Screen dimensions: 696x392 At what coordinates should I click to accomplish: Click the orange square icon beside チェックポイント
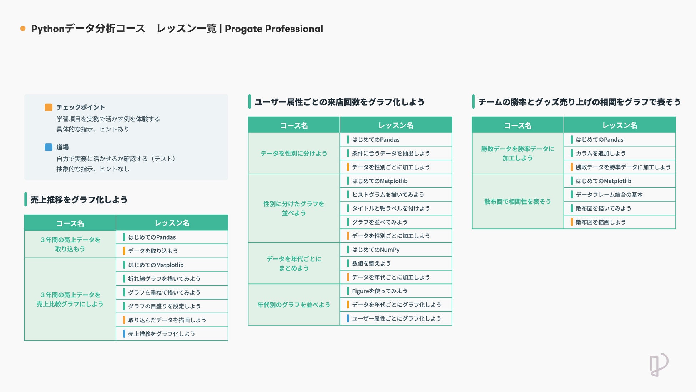click(49, 107)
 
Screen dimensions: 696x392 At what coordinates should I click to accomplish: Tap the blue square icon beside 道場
click(49, 147)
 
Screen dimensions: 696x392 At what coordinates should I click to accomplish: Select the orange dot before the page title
click(23, 29)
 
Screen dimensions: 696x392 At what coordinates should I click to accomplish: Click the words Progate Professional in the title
click(274, 29)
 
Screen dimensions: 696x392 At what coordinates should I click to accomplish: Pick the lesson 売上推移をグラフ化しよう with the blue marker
click(161, 334)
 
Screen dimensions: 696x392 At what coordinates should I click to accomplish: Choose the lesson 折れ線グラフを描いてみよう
click(164, 279)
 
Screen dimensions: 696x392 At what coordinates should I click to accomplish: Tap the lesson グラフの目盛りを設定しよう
click(164, 306)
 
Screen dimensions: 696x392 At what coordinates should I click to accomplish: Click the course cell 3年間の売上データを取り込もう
click(70, 245)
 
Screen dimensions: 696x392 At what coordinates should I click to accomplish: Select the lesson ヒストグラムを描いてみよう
click(388, 195)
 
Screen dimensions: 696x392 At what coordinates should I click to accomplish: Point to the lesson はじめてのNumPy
click(375, 250)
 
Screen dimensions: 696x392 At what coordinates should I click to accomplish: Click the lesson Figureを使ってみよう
click(379, 291)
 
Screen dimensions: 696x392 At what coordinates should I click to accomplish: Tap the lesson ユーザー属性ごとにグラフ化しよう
click(396, 318)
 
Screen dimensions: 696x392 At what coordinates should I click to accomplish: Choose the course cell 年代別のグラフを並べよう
click(294, 305)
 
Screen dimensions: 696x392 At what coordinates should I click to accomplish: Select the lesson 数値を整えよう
click(371, 263)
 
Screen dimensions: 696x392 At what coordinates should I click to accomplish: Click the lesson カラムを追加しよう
click(601, 153)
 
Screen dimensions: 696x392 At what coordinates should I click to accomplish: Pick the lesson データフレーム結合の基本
click(609, 195)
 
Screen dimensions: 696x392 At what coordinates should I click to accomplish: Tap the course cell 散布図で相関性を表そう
click(518, 202)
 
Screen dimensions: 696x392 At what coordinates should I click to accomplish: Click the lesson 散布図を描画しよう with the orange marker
click(601, 222)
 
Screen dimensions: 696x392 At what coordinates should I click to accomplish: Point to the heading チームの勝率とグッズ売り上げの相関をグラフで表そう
click(579, 102)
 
